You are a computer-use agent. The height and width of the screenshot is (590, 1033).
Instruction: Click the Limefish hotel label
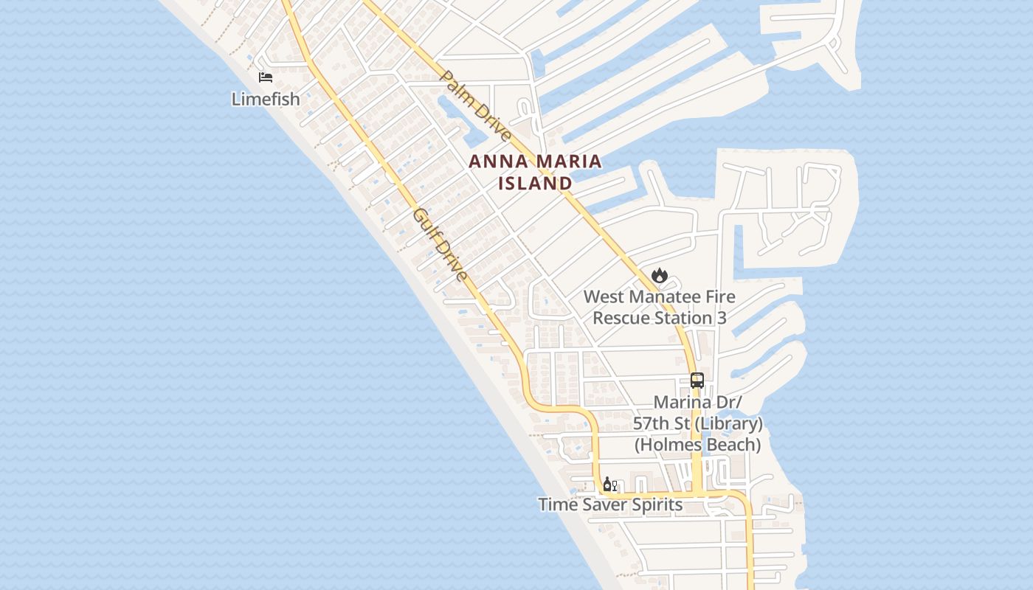click(x=266, y=99)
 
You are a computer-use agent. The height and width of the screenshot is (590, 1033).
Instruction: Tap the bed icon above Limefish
click(x=266, y=77)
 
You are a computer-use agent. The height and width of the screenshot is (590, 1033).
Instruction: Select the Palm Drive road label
click(x=476, y=106)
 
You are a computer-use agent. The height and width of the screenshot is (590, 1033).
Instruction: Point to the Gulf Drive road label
click(x=441, y=245)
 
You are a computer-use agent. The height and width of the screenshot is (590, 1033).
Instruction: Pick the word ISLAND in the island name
click(x=535, y=183)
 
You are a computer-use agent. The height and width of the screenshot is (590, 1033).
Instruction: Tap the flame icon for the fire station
click(x=659, y=276)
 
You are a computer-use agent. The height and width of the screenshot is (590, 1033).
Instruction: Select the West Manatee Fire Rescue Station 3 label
click(x=660, y=307)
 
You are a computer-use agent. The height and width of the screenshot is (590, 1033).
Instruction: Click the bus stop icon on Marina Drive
click(x=697, y=381)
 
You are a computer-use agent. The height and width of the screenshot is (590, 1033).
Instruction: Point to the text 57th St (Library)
click(x=697, y=424)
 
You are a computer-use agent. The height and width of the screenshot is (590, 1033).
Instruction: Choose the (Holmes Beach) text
click(x=697, y=445)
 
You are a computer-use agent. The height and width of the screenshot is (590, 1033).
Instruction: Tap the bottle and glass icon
click(x=609, y=485)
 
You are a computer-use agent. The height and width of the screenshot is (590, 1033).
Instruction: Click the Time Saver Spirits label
click(x=610, y=505)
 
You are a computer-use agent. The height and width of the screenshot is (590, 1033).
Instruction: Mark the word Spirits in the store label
click(x=655, y=505)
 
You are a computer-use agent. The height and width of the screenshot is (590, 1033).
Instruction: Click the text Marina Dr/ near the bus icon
click(x=697, y=403)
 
